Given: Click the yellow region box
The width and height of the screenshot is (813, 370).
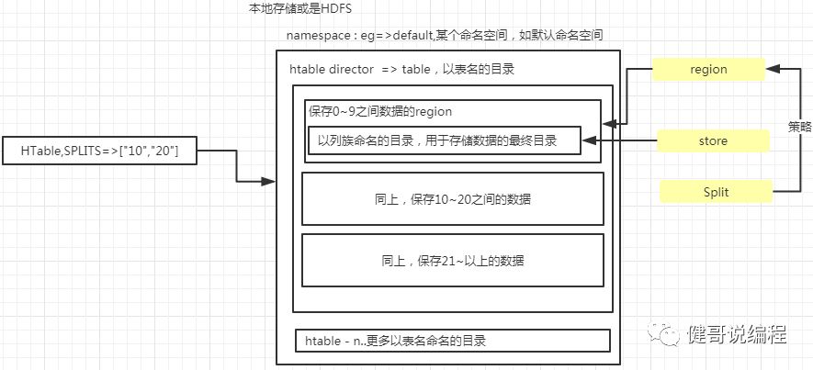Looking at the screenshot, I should (707, 69).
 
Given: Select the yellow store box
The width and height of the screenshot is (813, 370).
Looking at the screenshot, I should (712, 140).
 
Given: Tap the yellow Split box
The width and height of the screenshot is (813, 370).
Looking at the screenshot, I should (716, 192).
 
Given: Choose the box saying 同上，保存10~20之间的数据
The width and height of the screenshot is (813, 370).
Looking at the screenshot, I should (452, 198).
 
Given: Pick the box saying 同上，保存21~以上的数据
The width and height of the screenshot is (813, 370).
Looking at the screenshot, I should (452, 260).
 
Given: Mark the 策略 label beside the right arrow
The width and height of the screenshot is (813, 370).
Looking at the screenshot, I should (799, 128).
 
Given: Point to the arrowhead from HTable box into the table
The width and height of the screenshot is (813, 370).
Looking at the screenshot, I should (270, 182).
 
